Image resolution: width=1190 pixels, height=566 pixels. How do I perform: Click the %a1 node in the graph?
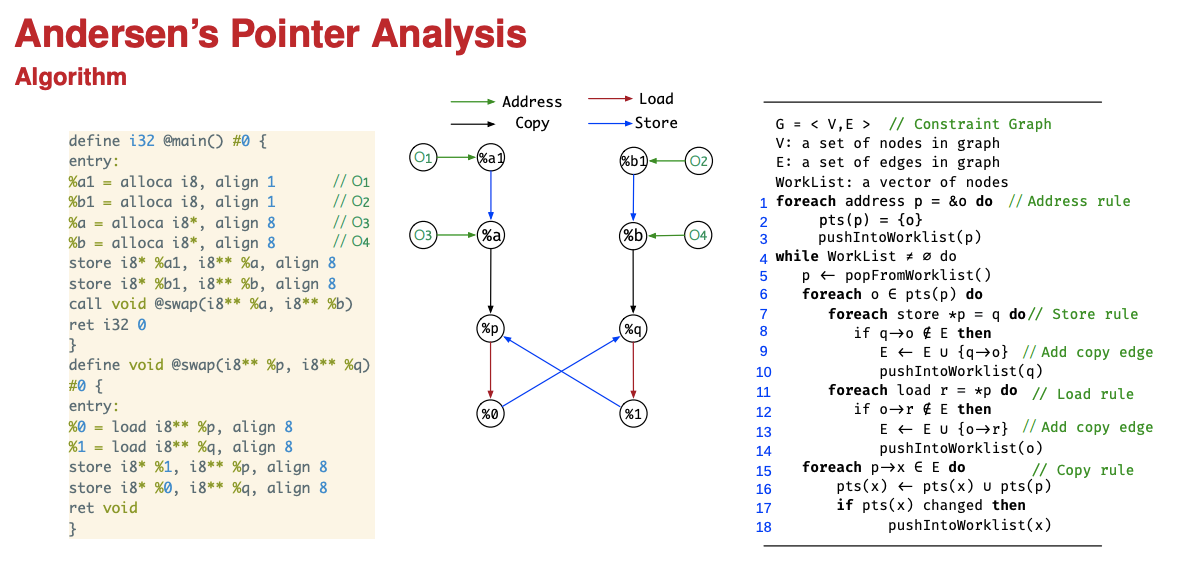click(490, 158)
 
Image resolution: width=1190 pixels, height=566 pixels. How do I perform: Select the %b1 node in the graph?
click(633, 160)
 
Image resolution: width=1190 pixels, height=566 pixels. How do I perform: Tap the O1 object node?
click(424, 157)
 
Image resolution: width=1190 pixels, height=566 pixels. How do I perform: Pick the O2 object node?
click(699, 160)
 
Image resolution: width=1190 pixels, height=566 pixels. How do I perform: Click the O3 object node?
click(424, 235)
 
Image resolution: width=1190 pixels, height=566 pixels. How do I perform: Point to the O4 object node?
click(699, 236)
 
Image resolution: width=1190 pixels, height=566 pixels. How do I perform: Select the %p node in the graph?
click(490, 328)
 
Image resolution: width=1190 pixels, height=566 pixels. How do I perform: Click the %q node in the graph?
click(633, 328)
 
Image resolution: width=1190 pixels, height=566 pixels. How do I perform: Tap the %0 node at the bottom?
click(490, 412)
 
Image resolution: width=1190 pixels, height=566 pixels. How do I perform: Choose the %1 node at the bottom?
click(633, 412)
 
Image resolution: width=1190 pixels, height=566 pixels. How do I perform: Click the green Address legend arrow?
click(473, 102)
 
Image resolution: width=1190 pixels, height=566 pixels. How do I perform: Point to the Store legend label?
click(656, 123)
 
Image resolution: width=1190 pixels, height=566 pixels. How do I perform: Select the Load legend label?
click(656, 99)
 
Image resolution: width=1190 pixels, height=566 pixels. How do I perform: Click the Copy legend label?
click(532, 123)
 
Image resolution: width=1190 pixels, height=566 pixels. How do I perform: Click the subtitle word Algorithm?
click(70, 77)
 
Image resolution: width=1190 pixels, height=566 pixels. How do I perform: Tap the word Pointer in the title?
click(281, 35)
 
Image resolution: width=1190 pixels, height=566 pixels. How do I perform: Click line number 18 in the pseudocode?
click(764, 527)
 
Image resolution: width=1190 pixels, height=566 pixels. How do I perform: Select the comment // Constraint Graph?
click(969, 124)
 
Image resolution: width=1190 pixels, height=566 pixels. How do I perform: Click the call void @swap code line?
click(211, 304)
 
